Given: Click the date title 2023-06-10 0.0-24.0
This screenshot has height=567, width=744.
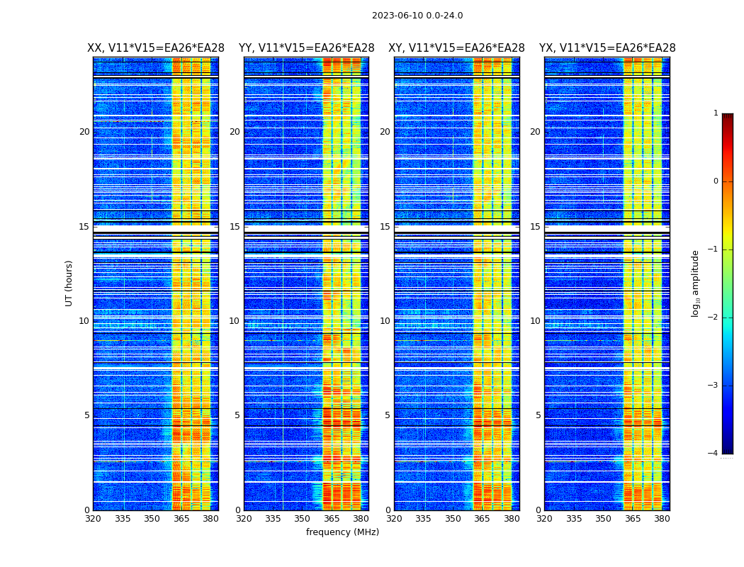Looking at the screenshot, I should click(417, 16).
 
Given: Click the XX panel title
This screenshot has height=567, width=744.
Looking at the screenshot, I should click(156, 48).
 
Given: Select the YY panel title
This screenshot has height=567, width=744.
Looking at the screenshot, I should click(306, 48).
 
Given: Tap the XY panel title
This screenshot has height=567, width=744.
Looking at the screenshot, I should click(456, 48).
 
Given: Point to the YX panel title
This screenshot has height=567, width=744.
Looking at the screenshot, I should click(607, 48).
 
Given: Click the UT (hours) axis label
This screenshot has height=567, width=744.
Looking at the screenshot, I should click(69, 283).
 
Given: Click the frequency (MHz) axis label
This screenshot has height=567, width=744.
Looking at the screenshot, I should click(342, 532).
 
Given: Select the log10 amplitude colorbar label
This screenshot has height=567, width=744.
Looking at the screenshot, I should click(696, 283).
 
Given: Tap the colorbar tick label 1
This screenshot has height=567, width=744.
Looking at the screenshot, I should click(716, 113).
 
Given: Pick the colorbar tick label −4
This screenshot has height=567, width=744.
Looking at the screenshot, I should click(714, 454).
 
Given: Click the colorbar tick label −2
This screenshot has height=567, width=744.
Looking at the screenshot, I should click(714, 318).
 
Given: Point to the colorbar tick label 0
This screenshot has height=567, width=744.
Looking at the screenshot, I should click(716, 181).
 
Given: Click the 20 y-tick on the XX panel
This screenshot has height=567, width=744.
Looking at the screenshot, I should click(84, 132).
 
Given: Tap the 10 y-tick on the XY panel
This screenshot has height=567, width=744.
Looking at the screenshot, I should click(385, 321).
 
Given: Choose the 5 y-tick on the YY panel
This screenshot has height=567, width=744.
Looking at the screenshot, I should click(237, 415).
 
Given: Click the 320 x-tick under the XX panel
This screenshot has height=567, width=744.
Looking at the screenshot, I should click(93, 519).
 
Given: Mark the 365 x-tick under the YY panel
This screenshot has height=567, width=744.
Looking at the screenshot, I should click(332, 519).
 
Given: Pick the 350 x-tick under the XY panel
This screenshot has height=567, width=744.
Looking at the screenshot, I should click(453, 519).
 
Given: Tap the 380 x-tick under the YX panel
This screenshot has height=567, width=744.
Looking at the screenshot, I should click(662, 519).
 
